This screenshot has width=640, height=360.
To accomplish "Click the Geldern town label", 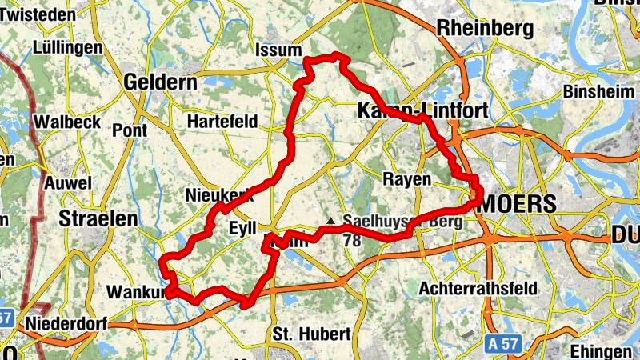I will (x=161, y=82).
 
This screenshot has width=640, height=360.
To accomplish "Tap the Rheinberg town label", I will (x=485, y=29).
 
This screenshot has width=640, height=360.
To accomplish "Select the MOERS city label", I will (x=518, y=204).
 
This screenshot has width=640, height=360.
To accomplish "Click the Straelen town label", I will (x=98, y=218).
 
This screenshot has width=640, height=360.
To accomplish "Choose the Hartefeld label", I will (x=222, y=122).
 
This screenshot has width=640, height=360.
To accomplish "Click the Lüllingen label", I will (x=69, y=48).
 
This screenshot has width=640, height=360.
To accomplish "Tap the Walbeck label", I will (x=66, y=122).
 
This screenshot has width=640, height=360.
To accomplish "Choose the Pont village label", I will (x=130, y=130).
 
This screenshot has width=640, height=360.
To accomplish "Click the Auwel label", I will (x=68, y=182).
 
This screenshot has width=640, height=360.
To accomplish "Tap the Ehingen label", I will (x=601, y=352).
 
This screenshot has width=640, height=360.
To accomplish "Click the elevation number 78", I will (x=351, y=239).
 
